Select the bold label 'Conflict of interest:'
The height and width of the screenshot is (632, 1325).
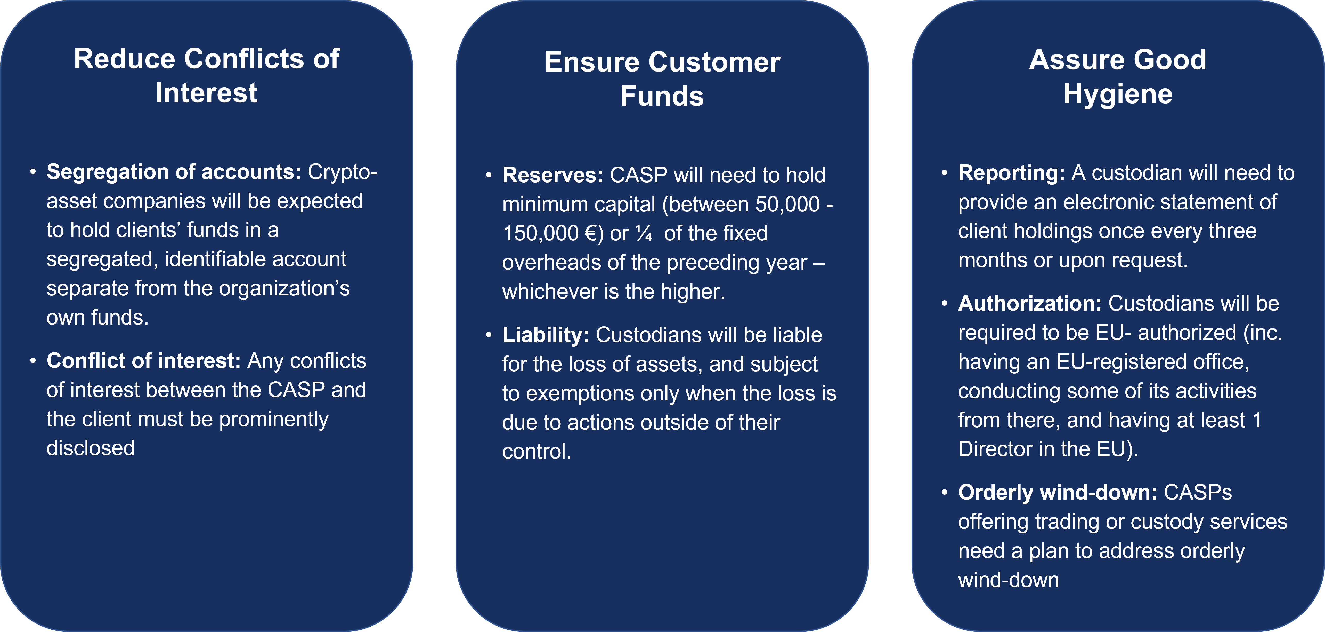(x=143, y=361)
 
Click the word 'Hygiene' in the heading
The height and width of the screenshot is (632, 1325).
(x=1118, y=94)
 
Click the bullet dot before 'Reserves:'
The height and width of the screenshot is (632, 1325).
(x=489, y=176)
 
